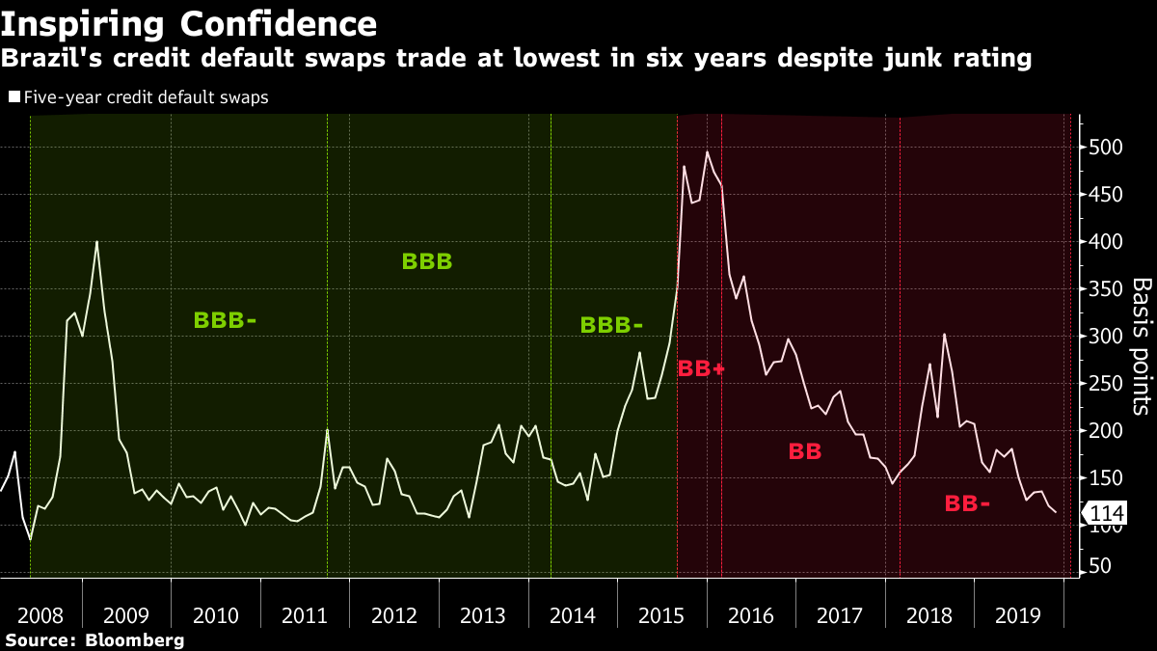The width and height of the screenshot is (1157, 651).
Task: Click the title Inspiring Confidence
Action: (x=188, y=23)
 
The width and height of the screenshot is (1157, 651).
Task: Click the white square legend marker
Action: (x=13, y=97)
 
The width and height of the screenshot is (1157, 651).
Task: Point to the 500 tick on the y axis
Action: (x=1106, y=148)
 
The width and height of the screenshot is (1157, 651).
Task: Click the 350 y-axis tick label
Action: (x=1106, y=289)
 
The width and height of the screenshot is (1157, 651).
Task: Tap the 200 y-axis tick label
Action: (x=1106, y=430)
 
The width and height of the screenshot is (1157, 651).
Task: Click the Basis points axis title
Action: (x=1141, y=346)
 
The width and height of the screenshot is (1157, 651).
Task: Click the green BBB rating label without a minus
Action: (x=426, y=261)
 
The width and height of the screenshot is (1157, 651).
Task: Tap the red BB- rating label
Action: (x=967, y=502)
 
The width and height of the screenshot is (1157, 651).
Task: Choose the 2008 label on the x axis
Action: (x=40, y=616)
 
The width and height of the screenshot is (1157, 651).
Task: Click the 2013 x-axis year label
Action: (x=483, y=616)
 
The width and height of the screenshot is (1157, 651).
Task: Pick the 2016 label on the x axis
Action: (x=751, y=616)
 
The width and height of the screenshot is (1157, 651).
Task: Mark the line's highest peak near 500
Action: (x=707, y=151)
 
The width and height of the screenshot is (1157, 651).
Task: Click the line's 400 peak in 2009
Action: (x=96, y=241)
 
